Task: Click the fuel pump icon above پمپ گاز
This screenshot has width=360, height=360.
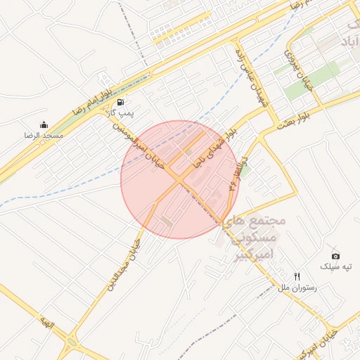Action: pyautogui.click(x=120, y=103)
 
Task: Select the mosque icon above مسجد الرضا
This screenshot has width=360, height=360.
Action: pyautogui.click(x=44, y=124)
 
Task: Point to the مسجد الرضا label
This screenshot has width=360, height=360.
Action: pyautogui.click(x=44, y=134)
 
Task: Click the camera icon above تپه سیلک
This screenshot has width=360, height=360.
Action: pyautogui.click(x=335, y=256)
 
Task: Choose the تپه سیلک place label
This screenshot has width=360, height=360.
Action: pyautogui.click(x=335, y=266)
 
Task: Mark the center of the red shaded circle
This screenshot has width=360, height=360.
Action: pyautogui.click(x=180, y=179)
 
